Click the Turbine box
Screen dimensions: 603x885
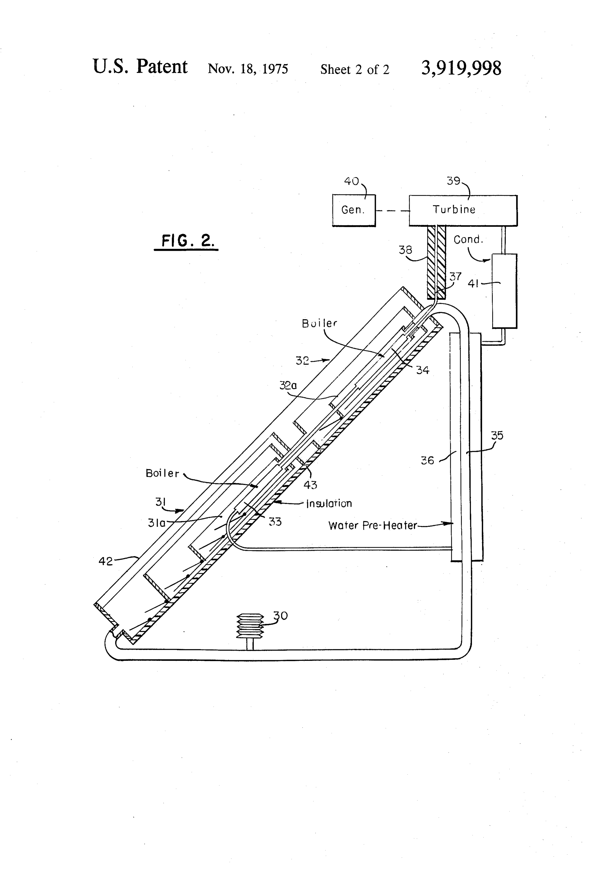(463, 211)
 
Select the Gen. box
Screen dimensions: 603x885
(354, 211)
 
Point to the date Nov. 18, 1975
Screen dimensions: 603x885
(248, 69)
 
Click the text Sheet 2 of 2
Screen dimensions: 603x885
(355, 69)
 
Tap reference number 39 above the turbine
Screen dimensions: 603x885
(454, 181)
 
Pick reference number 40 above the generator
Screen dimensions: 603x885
(351, 181)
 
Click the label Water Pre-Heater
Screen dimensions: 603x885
(372, 526)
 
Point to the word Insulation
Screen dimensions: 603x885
(329, 504)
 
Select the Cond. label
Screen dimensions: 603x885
(468, 239)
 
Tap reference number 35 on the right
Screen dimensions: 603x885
(497, 435)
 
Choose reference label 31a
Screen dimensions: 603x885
(157, 523)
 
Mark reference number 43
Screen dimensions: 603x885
(310, 485)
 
